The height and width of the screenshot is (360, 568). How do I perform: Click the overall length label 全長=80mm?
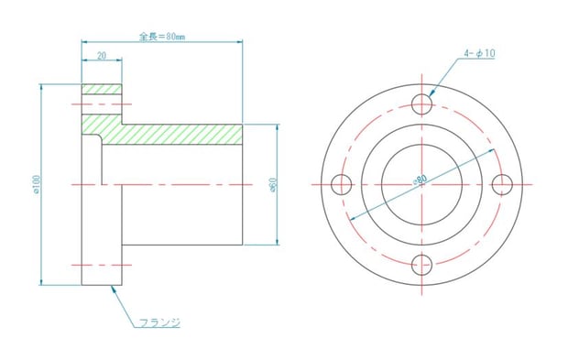[162, 37]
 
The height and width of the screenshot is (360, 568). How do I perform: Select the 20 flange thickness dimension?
[101, 55]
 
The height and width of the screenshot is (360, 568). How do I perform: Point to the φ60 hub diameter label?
[272, 185]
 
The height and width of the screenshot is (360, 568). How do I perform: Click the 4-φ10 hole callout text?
[479, 55]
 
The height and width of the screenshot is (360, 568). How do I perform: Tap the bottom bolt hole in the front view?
[421, 265]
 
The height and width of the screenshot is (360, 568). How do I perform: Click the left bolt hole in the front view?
[341, 184]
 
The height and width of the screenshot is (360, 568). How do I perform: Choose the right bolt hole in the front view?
[502, 184]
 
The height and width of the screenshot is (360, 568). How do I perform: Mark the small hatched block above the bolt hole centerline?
[102, 89]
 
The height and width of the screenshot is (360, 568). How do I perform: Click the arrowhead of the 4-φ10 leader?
[429, 95]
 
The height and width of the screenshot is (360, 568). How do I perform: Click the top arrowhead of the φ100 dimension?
[42, 85]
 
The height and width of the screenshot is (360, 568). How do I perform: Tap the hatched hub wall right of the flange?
[174, 135]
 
